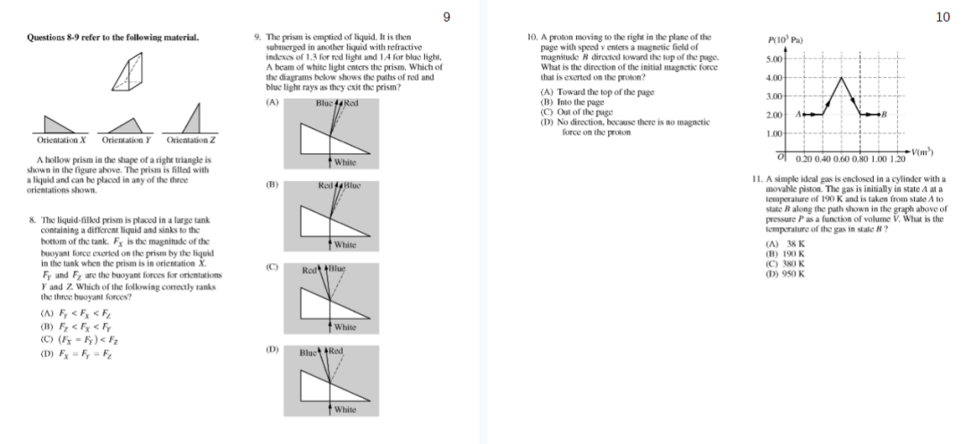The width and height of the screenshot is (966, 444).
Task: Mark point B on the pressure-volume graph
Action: [883, 114]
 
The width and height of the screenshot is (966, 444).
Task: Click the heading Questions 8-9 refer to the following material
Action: [106, 38]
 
